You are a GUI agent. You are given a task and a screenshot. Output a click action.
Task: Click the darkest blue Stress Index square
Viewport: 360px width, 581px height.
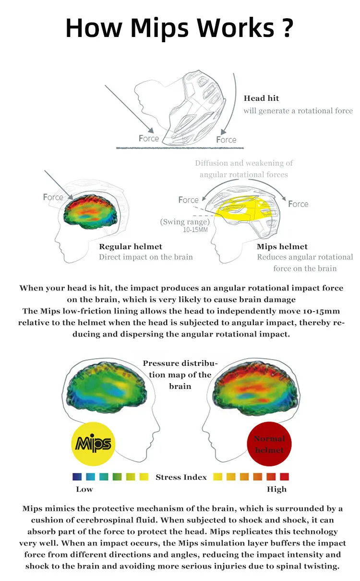tap(77, 477)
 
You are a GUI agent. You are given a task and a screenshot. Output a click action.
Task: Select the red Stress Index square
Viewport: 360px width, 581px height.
tap(284, 477)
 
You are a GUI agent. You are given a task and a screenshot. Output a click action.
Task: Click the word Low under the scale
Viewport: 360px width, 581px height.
tap(84, 489)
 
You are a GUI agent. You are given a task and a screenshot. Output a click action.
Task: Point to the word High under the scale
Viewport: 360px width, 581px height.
tap(276, 489)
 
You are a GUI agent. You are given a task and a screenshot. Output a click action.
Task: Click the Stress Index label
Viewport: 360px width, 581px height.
tap(181, 477)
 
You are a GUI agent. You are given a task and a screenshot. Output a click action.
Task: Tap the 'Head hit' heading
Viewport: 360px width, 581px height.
tap(261, 98)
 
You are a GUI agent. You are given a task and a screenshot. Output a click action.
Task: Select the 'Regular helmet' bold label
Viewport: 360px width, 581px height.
tap(131, 247)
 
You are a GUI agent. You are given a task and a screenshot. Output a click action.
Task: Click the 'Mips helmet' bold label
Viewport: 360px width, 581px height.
tap(282, 247)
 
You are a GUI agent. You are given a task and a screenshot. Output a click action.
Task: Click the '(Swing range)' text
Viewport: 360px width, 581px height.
tap(185, 222)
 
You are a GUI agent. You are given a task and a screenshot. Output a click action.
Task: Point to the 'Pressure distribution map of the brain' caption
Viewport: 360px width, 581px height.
tap(180, 375)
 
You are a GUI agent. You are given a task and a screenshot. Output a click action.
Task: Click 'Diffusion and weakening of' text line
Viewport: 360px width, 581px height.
tap(244, 163)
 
